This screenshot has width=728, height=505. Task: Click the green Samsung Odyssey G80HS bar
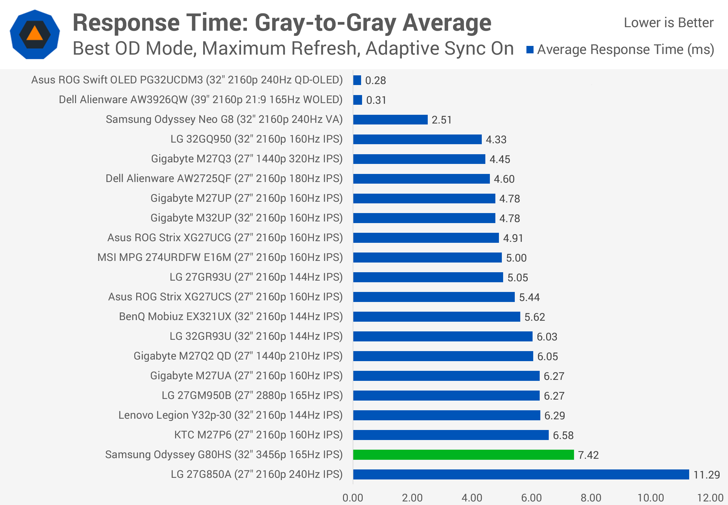tap(463, 455)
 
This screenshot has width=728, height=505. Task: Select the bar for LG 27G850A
tap(521, 474)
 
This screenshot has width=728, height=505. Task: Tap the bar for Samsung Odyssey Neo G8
tap(391, 120)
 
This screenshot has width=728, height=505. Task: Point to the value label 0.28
tap(375, 81)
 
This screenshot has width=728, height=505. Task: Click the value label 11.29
tap(707, 475)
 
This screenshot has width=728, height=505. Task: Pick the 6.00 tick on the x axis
tap(531, 498)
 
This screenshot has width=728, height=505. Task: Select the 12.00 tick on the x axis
tap(710, 498)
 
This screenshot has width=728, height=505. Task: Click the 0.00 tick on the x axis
tap(353, 498)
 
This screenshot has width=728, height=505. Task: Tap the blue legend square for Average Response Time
tap(530, 50)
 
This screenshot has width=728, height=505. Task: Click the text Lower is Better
tap(668, 23)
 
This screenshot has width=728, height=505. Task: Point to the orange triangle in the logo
tap(35, 33)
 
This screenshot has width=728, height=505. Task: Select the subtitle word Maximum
tap(246, 48)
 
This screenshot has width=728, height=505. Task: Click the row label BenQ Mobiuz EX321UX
tap(231, 317)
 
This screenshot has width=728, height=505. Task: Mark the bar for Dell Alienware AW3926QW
tap(358, 100)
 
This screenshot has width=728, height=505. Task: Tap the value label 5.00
tap(516, 258)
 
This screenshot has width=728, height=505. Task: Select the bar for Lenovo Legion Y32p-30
tap(447, 415)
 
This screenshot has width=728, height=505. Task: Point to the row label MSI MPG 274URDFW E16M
tap(220, 257)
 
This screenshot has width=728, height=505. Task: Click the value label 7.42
tap(588, 455)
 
